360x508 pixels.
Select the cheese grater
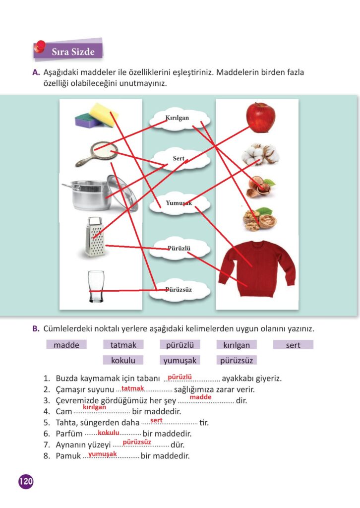tap(94, 237)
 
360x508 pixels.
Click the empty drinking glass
tap(95, 286)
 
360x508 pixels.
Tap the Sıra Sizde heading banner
tap(71, 51)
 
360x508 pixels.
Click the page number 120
tap(26, 481)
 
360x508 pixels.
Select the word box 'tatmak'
tap(123, 345)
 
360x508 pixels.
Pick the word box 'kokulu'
tap(123, 360)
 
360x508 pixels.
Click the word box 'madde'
tap(66, 345)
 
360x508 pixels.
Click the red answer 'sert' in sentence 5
tap(156, 420)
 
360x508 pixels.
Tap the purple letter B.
tap(36, 328)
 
